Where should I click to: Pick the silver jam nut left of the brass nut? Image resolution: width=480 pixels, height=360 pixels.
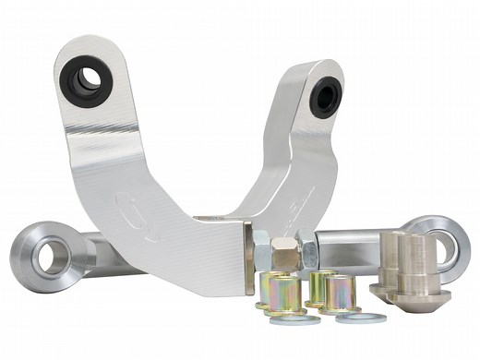pos(260,249)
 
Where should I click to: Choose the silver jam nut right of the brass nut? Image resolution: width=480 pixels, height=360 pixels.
pos(308,250)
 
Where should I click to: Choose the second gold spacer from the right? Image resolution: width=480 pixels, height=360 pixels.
pos(320,285)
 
